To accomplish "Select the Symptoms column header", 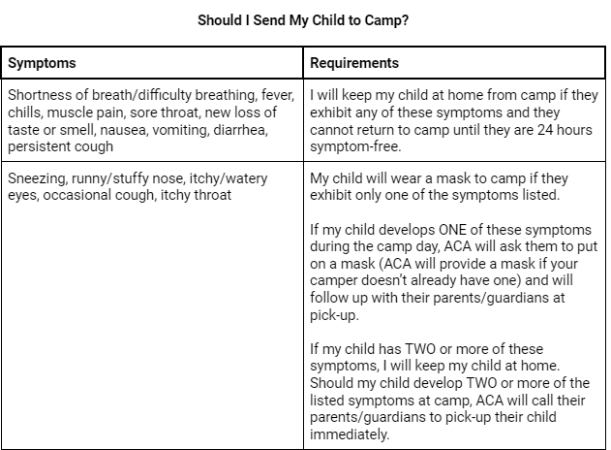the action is click(42, 63).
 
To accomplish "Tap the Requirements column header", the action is click(353, 63).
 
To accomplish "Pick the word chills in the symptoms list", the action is click(25, 112).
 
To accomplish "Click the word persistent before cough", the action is click(40, 145).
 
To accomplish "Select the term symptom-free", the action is click(353, 145).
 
